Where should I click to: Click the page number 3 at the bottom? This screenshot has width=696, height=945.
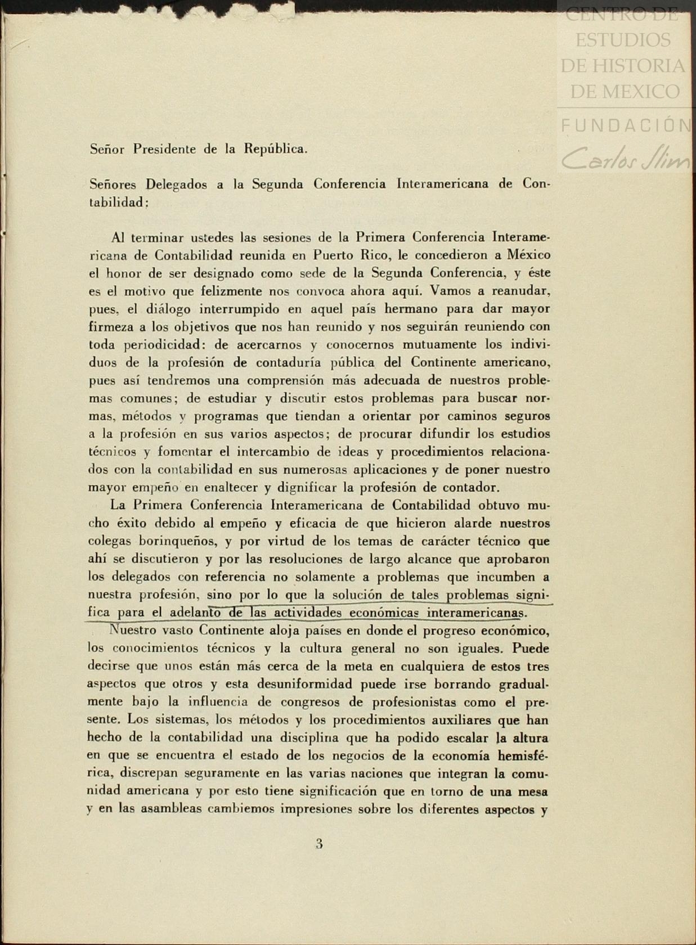coord(319,843)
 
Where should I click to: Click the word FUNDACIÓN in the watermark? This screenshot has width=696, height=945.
coord(626,125)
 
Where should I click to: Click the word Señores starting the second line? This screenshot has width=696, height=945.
coord(113,184)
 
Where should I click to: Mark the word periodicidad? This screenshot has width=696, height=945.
coord(158,345)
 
